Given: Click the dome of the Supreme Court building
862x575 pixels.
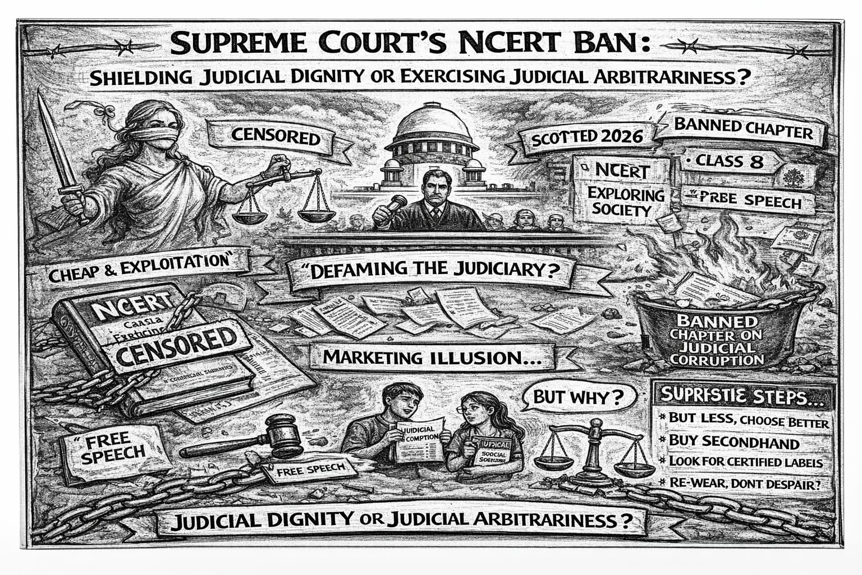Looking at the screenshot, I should coord(432,124).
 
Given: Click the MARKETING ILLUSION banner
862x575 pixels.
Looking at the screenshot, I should coord(429,357).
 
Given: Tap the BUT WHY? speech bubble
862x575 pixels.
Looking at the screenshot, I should coord(578,398).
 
